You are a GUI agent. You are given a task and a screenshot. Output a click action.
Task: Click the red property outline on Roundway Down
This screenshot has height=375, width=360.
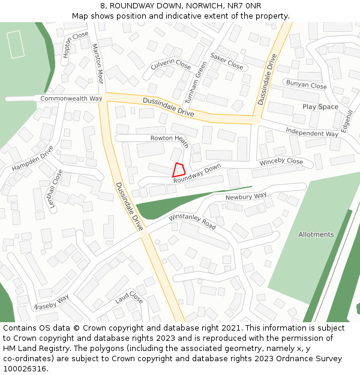tap(178, 170)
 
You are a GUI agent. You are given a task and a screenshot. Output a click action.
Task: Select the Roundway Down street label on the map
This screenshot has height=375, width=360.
tap(197, 173)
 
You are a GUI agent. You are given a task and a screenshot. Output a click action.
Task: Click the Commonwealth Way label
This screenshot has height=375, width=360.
tap(71, 98)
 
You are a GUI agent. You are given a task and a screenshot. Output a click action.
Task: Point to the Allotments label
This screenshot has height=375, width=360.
tap(316, 235)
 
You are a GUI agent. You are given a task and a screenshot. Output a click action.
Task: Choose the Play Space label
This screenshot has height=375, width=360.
tap(320, 107)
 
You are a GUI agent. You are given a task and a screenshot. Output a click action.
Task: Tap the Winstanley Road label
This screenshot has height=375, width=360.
tap(192, 220)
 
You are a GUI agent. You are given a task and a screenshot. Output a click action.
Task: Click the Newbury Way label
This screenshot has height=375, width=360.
tap(246, 197)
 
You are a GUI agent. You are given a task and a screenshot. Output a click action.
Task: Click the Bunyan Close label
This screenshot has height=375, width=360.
tap(306, 85)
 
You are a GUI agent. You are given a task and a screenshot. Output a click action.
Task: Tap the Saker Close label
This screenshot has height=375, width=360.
tap(227, 62)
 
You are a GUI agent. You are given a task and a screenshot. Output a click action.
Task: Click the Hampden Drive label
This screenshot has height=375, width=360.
tap(32, 158)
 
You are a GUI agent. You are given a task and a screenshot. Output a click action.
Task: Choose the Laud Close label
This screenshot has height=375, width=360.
tap(130, 298)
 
